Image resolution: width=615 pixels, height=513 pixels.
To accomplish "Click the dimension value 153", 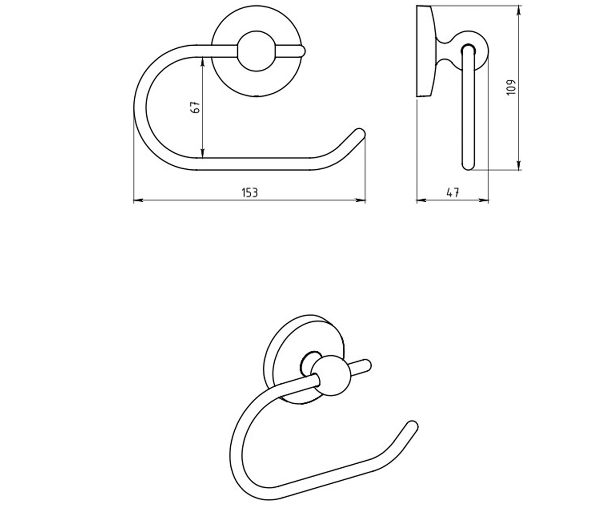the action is tap(250, 193).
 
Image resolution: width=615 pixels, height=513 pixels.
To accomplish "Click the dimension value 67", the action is tap(195, 107).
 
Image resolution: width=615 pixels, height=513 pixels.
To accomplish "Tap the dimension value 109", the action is tap(511, 87).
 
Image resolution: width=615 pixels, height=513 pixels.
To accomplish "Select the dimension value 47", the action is tap(453, 193).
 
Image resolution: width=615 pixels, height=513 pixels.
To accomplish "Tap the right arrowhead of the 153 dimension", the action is tap(361, 201).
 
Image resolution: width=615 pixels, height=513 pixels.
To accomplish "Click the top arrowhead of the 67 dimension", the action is tap(202, 62).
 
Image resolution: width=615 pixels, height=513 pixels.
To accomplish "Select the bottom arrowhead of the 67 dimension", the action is tap(202, 153).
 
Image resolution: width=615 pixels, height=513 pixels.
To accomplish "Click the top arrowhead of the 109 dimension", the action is tap(519, 10).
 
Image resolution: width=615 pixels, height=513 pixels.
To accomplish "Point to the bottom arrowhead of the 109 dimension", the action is tap(519, 165).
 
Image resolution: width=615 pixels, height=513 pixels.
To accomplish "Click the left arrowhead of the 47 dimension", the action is tap(421, 201).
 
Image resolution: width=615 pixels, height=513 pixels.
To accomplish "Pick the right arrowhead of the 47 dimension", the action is tap(484, 201).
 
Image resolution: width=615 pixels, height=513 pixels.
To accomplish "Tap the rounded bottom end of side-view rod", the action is tap(468, 165).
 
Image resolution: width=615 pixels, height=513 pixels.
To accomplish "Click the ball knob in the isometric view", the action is tap(331, 376).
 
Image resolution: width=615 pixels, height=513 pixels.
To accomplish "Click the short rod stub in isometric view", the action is tap(361, 366).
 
